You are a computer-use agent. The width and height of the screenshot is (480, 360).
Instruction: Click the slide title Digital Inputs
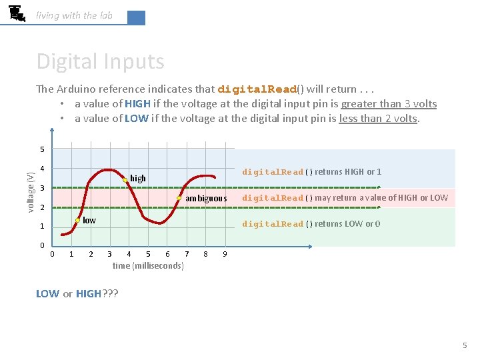coord(100,61)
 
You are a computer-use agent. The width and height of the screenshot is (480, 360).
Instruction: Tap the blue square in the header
coord(136,18)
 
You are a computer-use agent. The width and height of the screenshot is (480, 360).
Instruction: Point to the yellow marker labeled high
coord(125,180)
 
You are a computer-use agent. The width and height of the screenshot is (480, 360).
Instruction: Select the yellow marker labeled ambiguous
coord(179,198)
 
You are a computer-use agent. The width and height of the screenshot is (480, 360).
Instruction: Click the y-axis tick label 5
coord(41,149)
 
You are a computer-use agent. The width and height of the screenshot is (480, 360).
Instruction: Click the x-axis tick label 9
coord(225,254)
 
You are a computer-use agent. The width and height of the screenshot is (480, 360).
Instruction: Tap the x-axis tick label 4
coord(129,254)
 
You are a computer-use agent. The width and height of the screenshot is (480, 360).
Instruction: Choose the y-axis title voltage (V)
coord(30,192)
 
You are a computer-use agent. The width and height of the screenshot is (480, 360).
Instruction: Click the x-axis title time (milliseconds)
coord(148,266)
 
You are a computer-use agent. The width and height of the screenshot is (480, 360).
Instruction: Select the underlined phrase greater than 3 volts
coord(389,104)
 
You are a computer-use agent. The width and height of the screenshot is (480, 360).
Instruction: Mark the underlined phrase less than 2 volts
coord(378,119)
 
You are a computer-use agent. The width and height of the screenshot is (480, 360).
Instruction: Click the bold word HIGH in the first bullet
coord(137,104)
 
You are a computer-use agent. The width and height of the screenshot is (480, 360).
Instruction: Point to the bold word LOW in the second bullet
coord(136,119)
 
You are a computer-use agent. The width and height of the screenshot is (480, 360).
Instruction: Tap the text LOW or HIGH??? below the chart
coord(77,294)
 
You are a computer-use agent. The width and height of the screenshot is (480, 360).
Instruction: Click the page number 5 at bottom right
coord(465,345)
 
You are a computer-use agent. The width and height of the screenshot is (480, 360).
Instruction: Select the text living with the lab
coord(74,15)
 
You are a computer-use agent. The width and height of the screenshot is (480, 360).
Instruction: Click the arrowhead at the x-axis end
coord(310,246)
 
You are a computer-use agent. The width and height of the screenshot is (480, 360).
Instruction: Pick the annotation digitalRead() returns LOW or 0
coord(311,224)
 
